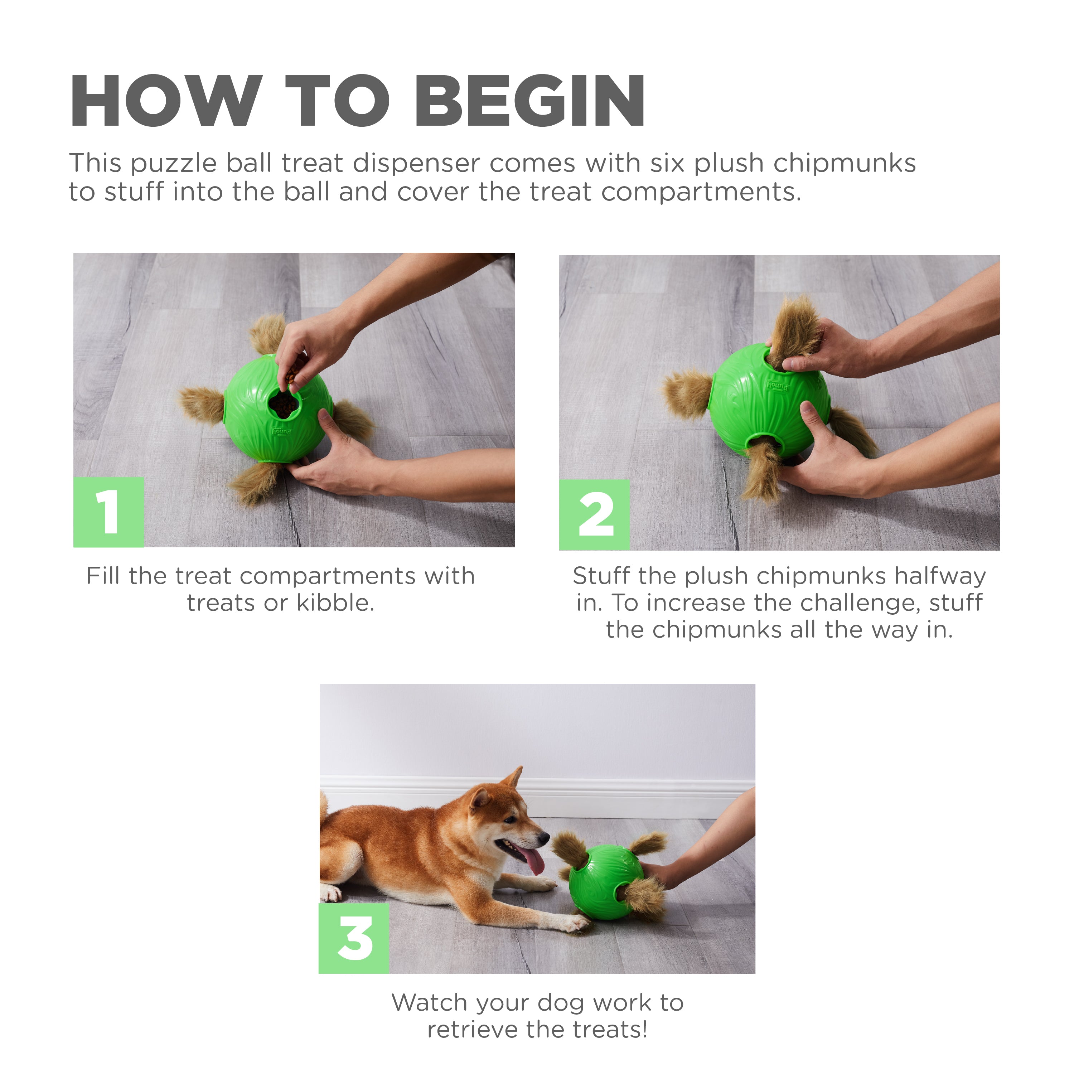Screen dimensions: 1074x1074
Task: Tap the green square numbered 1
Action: point(108,512)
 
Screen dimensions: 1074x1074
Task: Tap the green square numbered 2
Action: point(594,515)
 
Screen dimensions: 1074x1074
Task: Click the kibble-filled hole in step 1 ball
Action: point(284,405)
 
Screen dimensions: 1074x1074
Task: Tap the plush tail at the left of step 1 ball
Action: point(201,405)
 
